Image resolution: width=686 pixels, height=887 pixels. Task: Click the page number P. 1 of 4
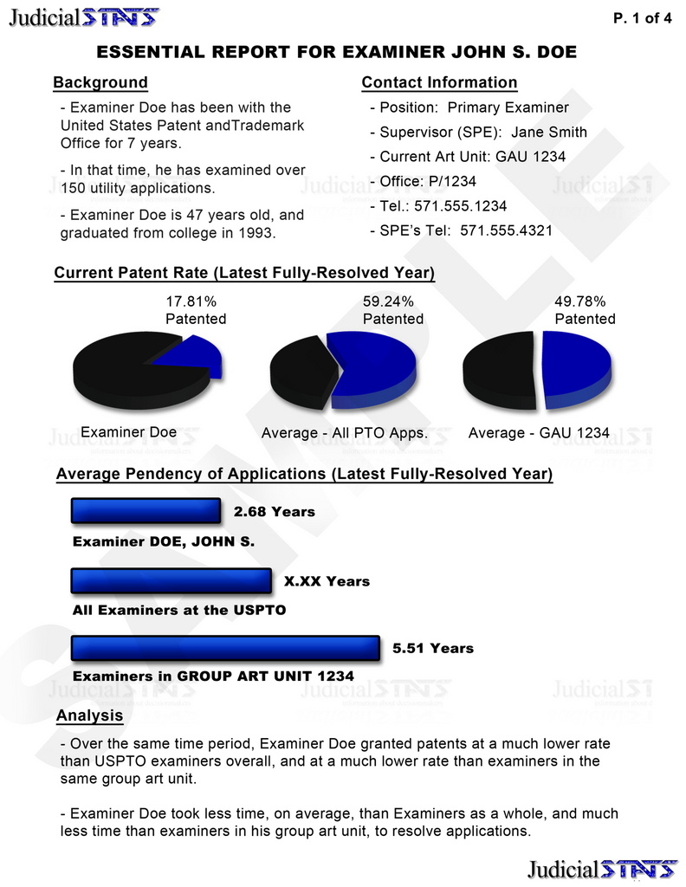642,19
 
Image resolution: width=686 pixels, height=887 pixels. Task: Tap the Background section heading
100,83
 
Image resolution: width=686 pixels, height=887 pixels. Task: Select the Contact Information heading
439,83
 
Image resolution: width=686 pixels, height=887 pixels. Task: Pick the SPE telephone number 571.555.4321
506,231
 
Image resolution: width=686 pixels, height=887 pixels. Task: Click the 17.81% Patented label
196,310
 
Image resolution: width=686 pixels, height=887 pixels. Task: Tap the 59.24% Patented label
392,310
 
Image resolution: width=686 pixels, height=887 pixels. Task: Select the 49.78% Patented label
585,310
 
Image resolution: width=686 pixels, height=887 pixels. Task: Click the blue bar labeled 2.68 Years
146,512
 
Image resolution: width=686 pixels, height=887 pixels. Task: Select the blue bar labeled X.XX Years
171,581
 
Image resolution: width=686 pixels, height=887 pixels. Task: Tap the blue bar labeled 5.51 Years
225,648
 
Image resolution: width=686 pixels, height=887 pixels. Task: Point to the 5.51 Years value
433,648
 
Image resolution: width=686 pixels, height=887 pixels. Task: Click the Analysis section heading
89,716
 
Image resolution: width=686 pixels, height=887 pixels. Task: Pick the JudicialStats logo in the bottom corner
602,869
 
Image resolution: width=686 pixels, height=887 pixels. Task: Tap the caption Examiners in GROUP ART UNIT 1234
213,676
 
